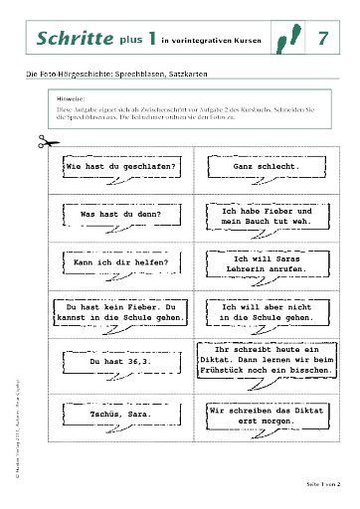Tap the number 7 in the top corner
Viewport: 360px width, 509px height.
(323, 39)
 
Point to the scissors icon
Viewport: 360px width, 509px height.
(38, 142)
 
